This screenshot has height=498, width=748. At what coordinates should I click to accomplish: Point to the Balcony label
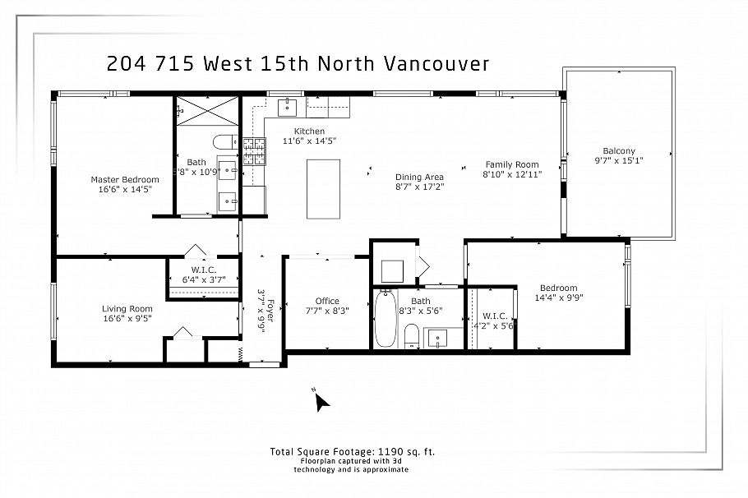pos(618,150)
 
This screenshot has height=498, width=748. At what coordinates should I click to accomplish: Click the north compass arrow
pos(321,401)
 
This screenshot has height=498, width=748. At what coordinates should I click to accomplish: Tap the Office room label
pos(327,301)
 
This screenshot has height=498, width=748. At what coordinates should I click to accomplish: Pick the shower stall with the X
pos(207,110)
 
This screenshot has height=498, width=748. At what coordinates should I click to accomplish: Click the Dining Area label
pos(419,177)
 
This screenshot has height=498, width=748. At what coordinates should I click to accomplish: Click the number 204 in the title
pos(127,64)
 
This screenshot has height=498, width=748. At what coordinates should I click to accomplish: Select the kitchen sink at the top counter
pos(289,106)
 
